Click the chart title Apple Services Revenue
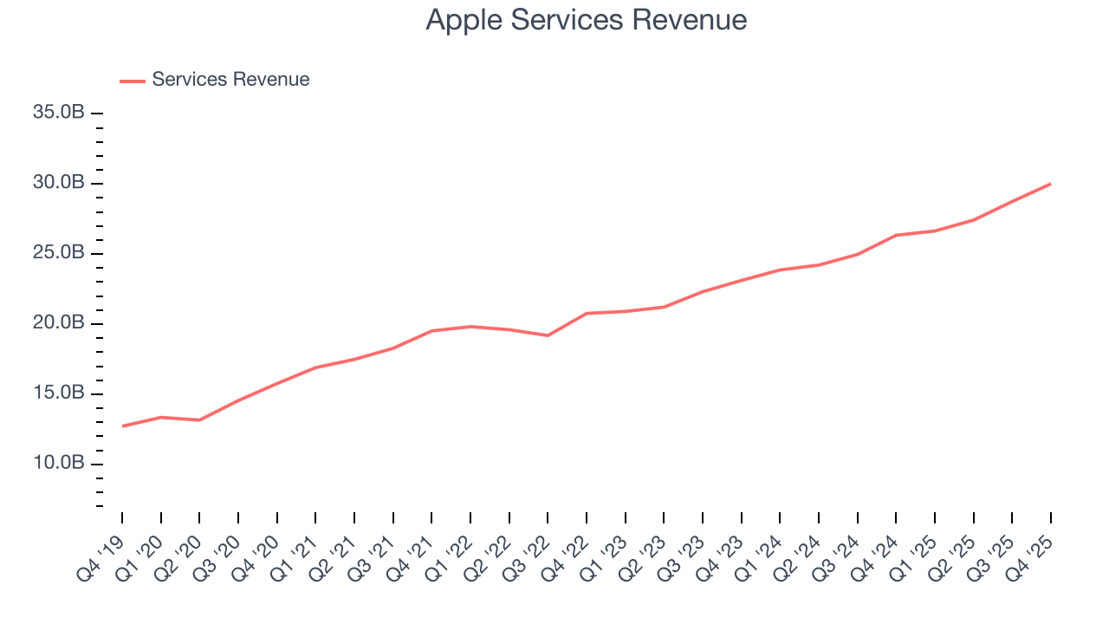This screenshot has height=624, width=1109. (x=587, y=20)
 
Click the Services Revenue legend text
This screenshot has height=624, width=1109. (x=230, y=80)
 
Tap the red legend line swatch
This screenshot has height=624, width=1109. (x=133, y=81)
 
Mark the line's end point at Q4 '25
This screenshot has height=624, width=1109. (x=1051, y=184)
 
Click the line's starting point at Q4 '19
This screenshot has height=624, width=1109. (x=122, y=426)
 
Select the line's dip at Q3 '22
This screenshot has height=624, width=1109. (x=548, y=335)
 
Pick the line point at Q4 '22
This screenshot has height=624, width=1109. (x=587, y=313)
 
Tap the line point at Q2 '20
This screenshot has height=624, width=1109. (x=199, y=420)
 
